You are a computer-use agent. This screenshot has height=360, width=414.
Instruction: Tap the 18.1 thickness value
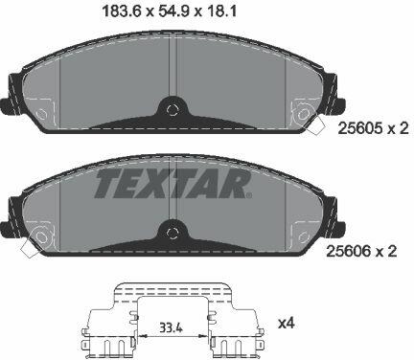(221, 12)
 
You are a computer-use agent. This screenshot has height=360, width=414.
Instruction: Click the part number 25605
(359, 128)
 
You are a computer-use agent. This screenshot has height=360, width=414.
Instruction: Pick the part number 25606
(348, 252)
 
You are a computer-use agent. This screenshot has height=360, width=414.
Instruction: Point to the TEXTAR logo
(172, 184)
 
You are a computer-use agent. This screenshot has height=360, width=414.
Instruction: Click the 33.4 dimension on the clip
(171, 327)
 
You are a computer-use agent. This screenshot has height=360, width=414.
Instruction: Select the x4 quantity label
(287, 325)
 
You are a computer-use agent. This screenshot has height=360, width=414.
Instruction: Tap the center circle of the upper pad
(172, 109)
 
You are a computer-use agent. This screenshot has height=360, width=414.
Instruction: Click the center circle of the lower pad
(172, 233)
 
